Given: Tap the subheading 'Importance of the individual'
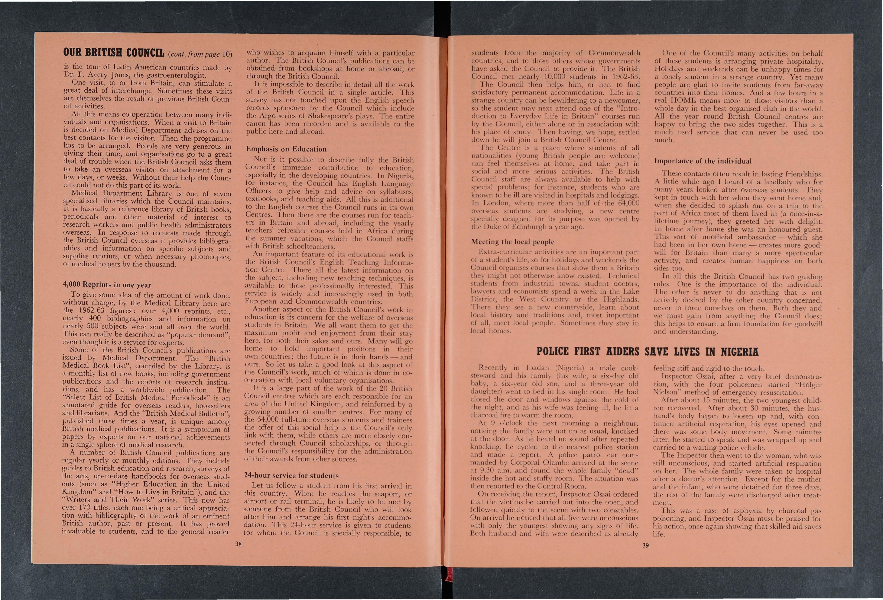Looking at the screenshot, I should coord(703,161).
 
